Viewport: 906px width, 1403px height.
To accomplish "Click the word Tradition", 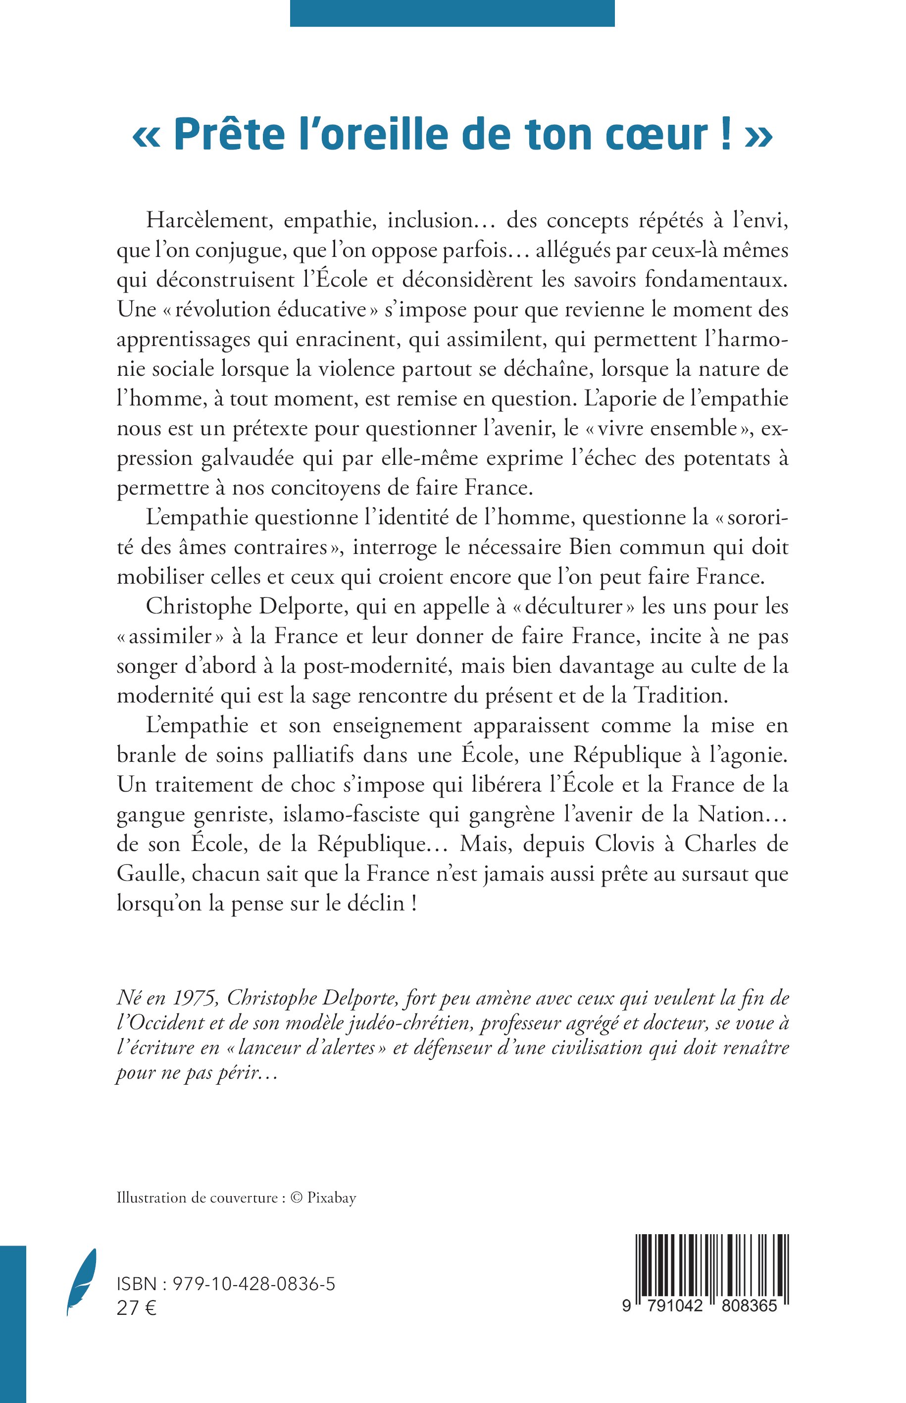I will pyautogui.click(x=681, y=696).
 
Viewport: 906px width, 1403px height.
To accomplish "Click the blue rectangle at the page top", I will pyautogui.click(x=452, y=13).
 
